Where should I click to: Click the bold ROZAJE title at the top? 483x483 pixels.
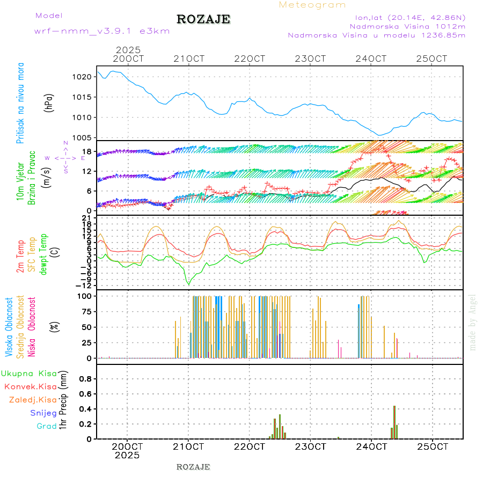click(203, 19)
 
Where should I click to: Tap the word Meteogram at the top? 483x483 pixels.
click(312, 5)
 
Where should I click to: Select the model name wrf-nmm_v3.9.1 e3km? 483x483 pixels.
click(102, 31)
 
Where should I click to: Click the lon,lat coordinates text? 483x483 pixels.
click(406, 17)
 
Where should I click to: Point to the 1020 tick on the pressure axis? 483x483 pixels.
click(83, 77)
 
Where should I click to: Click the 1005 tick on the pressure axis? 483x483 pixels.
click(83, 137)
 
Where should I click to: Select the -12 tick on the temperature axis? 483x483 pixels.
click(85, 286)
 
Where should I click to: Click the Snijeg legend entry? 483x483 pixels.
click(43, 413)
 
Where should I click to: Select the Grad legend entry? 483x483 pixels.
click(46, 426)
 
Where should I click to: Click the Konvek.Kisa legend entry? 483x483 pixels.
click(31, 386)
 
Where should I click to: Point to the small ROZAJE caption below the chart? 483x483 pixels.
click(193, 467)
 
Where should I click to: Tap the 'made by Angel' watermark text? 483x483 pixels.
click(473, 322)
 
